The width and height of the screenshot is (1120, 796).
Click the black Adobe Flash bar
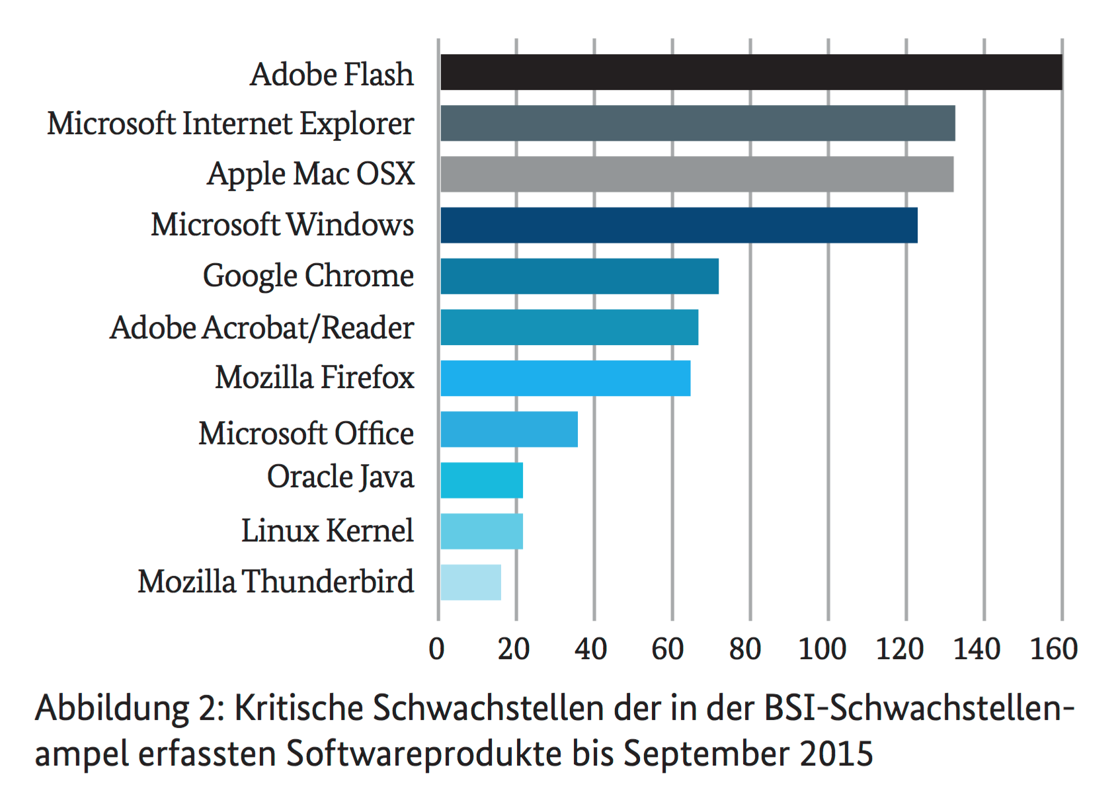[x=751, y=72]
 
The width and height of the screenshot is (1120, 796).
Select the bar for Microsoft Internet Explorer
[x=698, y=123]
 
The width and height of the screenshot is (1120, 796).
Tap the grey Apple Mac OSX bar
[x=697, y=174]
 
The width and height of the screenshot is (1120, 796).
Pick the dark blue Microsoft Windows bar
[x=679, y=225]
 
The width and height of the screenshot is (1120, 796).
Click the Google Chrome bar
[x=579, y=276]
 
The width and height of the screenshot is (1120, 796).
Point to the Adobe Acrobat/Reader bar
[x=569, y=327]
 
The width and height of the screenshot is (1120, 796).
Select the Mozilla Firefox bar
[x=565, y=378]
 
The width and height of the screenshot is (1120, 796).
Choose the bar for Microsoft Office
[x=509, y=429]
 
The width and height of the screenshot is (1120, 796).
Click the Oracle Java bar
[x=481, y=480]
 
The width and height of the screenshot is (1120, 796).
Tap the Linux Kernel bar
[x=481, y=531]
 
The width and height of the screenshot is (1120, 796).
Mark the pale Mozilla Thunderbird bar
[x=471, y=582]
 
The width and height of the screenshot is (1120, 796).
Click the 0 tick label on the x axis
[x=436, y=649]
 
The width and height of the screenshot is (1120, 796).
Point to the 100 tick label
[x=822, y=649]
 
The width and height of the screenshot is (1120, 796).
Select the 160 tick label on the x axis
[x=1055, y=649]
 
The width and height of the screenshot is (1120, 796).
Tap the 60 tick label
[x=668, y=649]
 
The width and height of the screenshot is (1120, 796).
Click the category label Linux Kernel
[x=327, y=530]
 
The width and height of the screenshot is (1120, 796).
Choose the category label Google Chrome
[x=308, y=276]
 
